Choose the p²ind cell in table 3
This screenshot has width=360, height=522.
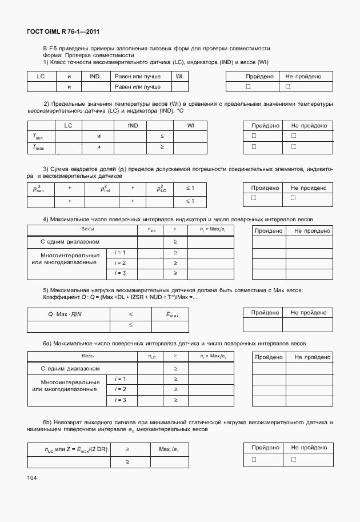point(106,188)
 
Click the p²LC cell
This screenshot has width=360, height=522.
point(162,188)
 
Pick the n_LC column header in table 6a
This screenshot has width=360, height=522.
point(151,357)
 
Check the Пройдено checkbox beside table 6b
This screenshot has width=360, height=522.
point(249,459)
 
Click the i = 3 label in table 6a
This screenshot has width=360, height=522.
point(121,400)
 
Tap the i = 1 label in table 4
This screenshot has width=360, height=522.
point(121,252)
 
